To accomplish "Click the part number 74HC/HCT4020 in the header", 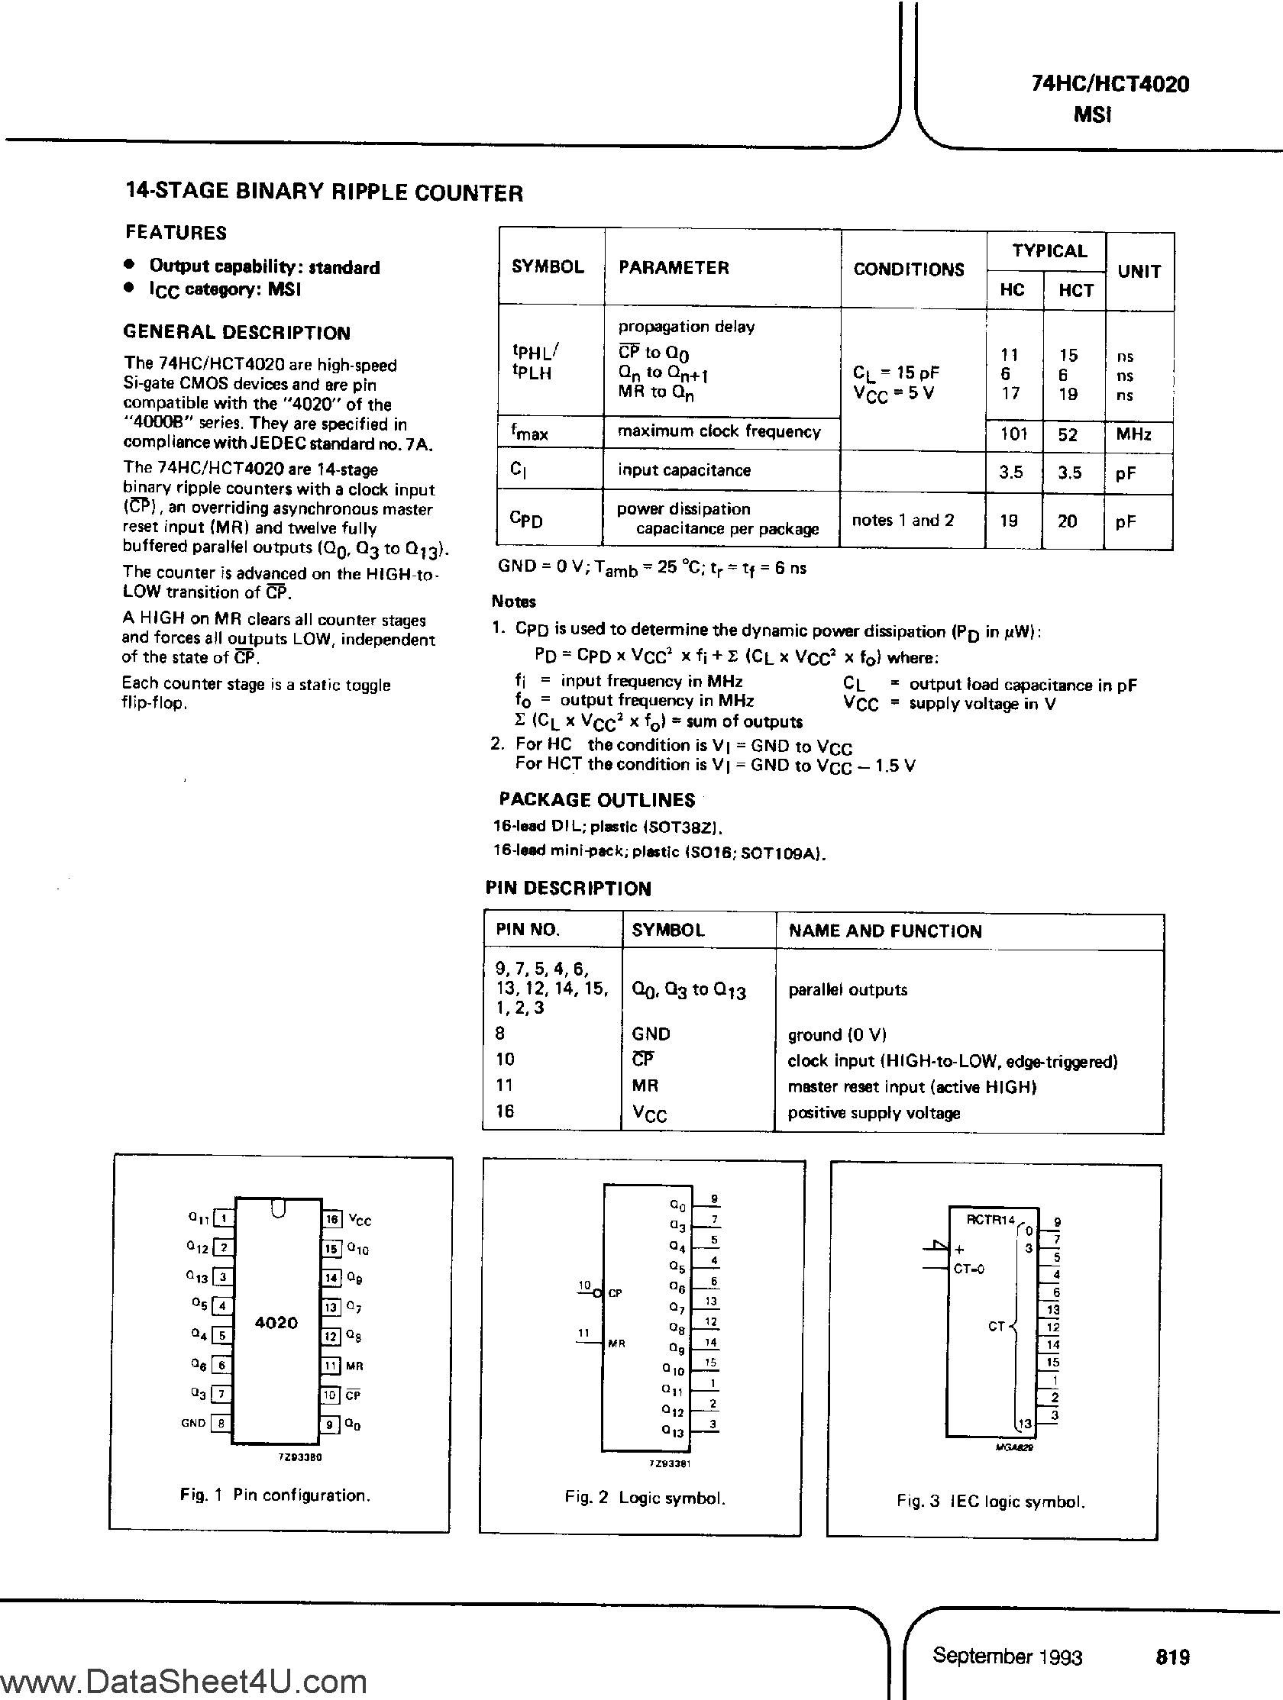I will [x=1110, y=84].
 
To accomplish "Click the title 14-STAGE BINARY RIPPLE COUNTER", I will [x=324, y=192].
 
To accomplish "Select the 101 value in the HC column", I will [x=1013, y=434].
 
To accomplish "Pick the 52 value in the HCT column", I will [x=1067, y=434].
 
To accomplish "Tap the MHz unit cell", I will [x=1133, y=434].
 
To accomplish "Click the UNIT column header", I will [x=1139, y=271].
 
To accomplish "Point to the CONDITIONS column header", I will [x=909, y=269].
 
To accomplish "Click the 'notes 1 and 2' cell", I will [x=903, y=521].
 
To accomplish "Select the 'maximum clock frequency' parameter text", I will [x=719, y=432].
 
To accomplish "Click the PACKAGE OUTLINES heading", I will [x=596, y=800].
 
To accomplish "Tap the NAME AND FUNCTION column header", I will [x=885, y=931].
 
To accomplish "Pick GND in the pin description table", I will [x=651, y=1034].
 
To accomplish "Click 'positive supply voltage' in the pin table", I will [x=873, y=1113].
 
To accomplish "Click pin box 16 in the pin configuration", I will [x=332, y=1219].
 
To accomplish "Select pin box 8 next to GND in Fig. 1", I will [x=221, y=1423].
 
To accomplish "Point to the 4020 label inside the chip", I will [x=276, y=1323].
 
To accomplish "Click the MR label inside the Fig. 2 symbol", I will [x=616, y=1344].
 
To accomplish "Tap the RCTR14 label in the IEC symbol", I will [x=990, y=1220].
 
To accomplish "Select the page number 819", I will [x=1172, y=1657].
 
